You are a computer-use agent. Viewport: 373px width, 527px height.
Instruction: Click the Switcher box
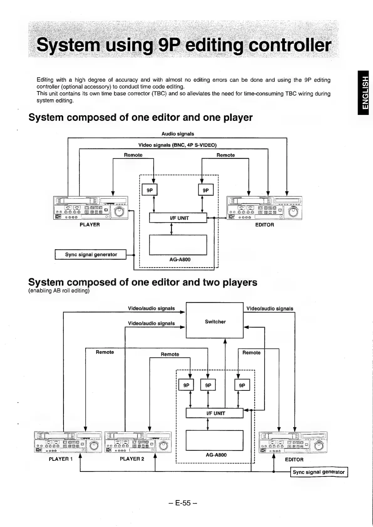click(x=215, y=320)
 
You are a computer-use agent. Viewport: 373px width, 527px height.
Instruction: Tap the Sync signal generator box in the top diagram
click(x=91, y=255)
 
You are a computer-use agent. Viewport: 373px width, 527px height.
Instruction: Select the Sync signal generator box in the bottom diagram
click(x=319, y=472)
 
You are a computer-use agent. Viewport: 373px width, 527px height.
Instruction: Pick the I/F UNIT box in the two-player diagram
click(x=215, y=413)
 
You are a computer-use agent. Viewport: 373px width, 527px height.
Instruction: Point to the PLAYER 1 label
click(x=60, y=459)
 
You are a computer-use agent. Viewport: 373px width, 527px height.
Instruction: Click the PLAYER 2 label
click(x=132, y=459)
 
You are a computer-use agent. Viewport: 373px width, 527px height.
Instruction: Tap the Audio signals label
click(x=178, y=134)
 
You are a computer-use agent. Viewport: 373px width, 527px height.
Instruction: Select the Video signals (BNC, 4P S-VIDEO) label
click(x=178, y=145)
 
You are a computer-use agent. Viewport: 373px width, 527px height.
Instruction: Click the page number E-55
click(x=183, y=503)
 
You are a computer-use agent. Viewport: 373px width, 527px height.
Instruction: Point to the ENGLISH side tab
click(x=365, y=93)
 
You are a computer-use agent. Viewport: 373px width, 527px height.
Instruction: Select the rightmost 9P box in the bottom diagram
click(x=242, y=385)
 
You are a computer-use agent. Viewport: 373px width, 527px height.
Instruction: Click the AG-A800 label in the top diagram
click(x=180, y=260)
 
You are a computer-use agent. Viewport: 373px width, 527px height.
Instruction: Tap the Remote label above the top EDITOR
click(x=225, y=155)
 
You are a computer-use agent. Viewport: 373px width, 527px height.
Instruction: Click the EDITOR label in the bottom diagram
click(x=294, y=460)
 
